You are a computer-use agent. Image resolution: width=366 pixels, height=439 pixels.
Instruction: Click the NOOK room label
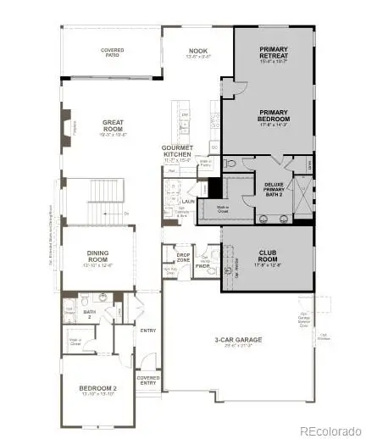click(196, 53)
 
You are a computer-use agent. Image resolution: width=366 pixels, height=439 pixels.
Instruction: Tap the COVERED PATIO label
click(113, 53)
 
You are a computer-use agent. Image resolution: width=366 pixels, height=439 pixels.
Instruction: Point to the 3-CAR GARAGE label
click(238, 340)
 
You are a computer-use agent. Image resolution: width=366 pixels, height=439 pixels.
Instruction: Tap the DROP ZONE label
click(182, 256)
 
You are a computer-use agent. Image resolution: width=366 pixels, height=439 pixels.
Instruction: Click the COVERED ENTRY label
click(148, 381)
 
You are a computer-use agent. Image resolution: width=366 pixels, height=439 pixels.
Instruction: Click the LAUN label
click(187, 201)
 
